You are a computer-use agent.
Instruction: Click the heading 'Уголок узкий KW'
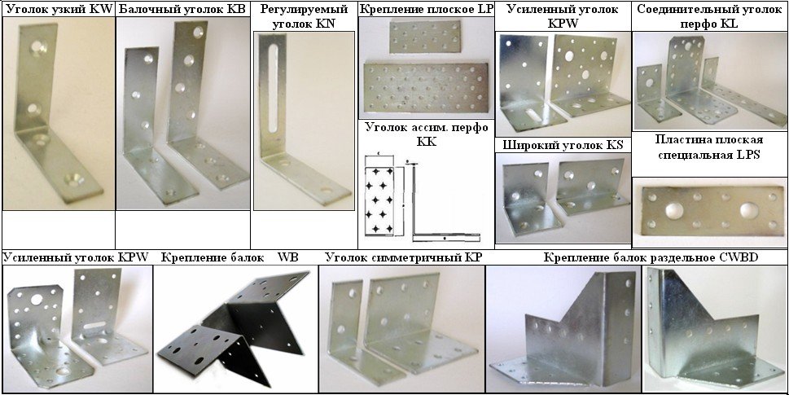[59, 9]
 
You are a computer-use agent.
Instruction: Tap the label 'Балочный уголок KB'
[183, 9]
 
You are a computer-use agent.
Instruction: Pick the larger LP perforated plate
[426, 88]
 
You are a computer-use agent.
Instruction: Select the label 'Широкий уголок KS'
[563, 146]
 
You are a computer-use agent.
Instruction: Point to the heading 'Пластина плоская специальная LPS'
[709, 147]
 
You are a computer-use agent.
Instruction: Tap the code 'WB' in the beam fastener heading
[288, 257]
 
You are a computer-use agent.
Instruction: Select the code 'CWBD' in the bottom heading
[743, 257]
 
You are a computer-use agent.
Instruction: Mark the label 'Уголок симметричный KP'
[404, 257]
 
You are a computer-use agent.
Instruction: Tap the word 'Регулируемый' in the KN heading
[305, 9]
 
